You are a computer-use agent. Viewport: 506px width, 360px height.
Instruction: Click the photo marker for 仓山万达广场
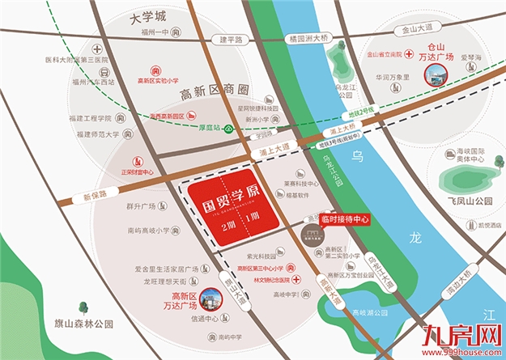[435, 76]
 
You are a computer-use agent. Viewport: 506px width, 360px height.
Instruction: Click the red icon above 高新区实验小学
[157, 70]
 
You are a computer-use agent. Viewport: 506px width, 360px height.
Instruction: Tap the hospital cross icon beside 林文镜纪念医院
[298, 279]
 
